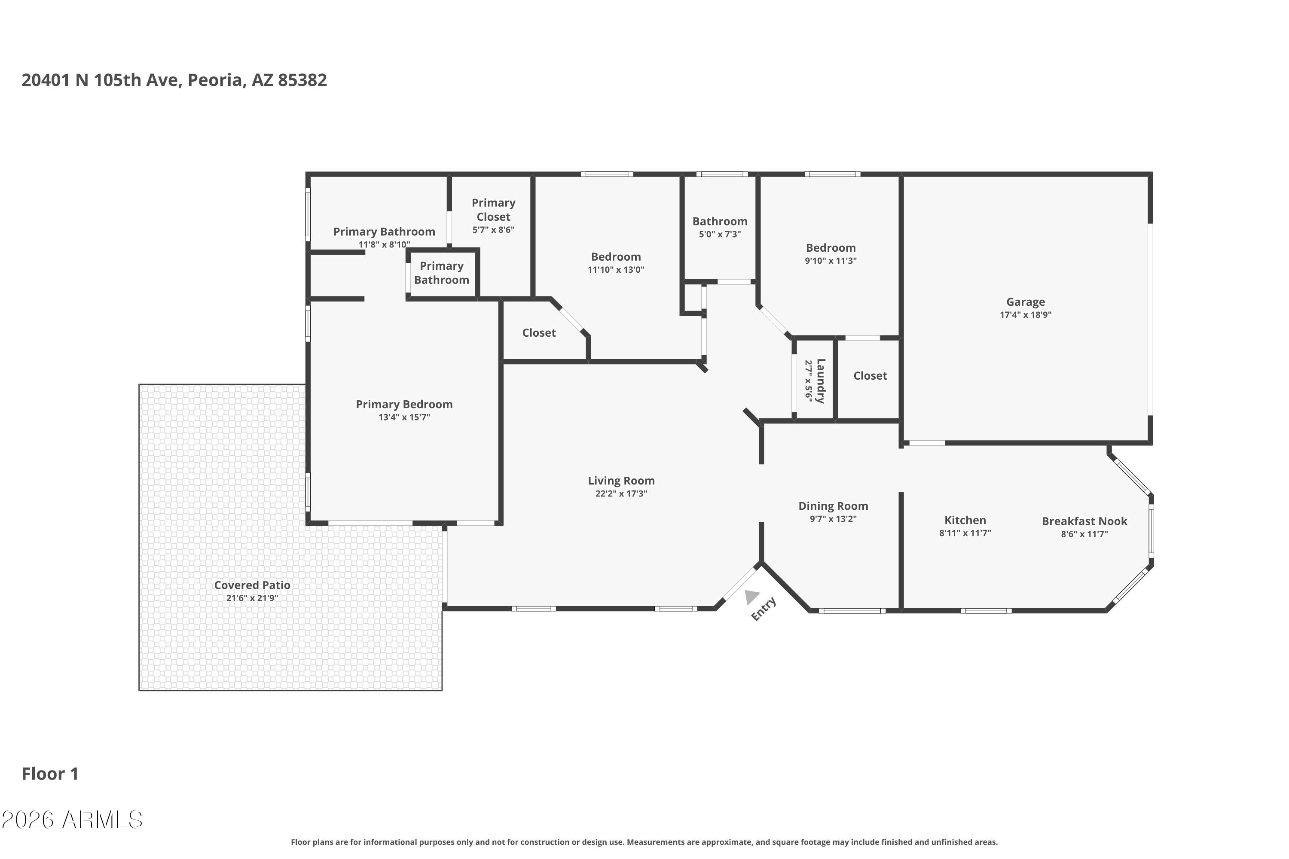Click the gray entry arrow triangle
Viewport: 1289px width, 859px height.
pyautogui.click(x=751, y=597)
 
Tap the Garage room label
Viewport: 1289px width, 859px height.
pyautogui.click(x=1025, y=302)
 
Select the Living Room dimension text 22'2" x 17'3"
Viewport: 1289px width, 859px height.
pyautogui.click(x=621, y=493)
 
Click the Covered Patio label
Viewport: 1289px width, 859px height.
pyautogui.click(x=252, y=585)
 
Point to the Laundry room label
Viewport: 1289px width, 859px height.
pyautogui.click(x=820, y=381)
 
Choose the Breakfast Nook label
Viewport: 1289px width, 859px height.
pyautogui.click(x=1084, y=521)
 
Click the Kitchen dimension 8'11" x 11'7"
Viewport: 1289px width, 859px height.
pyautogui.click(x=965, y=533)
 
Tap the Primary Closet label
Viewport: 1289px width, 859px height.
pyautogui.click(x=493, y=210)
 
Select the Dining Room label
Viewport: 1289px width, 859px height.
pyautogui.click(x=833, y=506)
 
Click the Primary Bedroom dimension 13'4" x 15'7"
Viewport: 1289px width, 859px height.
pyautogui.click(x=404, y=417)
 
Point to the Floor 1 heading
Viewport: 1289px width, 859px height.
pyautogui.click(x=50, y=774)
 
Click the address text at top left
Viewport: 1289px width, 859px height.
pyautogui.click(x=174, y=80)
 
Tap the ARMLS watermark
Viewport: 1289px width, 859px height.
pyautogui.click(x=72, y=820)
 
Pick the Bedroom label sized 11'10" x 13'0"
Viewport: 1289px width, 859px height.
pyautogui.click(x=615, y=257)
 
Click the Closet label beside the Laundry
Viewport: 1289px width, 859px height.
pyautogui.click(x=870, y=376)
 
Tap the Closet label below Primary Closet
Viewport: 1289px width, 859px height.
pyautogui.click(x=539, y=333)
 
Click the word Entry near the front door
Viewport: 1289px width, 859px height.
pyautogui.click(x=764, y=609)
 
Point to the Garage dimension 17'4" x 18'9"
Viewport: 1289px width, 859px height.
pyautogui.click(x=1025, y=315)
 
